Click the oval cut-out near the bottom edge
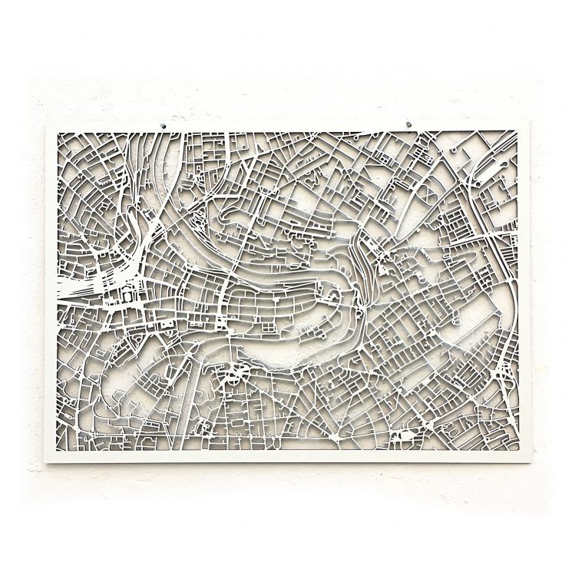tap(399, 438)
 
